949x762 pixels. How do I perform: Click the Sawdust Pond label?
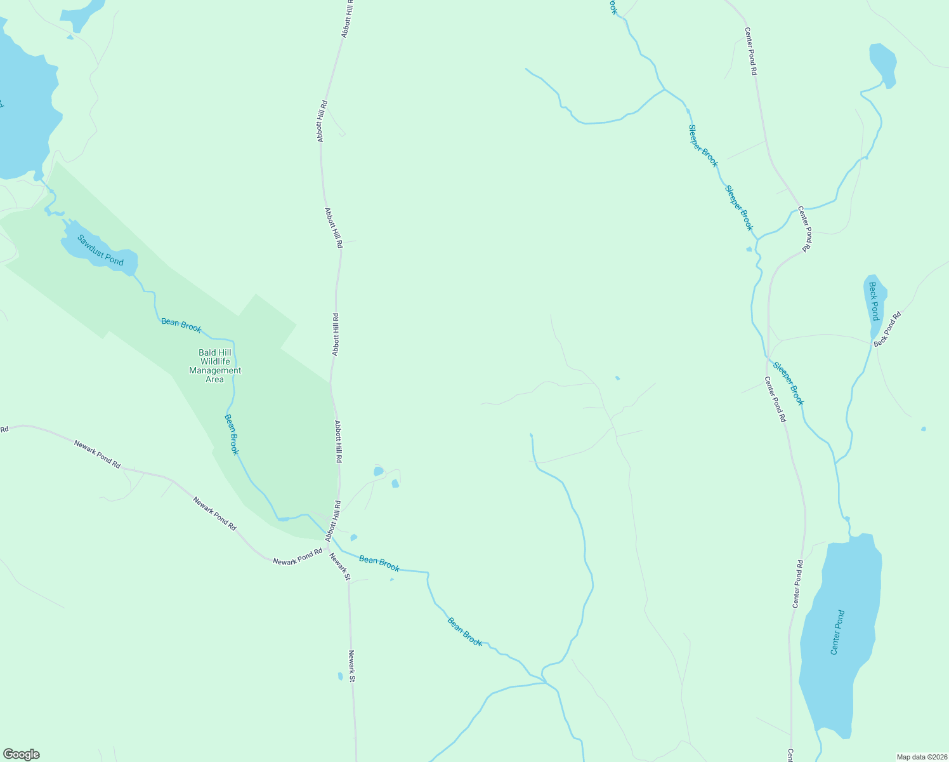100,250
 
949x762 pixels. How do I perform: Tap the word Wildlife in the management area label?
215,361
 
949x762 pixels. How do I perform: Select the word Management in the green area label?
215,370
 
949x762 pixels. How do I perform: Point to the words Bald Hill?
215,352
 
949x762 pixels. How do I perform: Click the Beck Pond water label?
874,301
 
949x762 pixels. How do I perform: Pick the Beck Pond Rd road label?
887,328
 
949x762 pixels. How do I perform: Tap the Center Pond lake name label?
837,632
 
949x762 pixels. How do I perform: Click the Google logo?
21,754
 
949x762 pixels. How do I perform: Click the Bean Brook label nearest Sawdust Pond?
181,325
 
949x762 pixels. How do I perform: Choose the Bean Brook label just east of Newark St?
379,563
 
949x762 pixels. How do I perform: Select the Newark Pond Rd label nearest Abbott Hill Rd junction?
298,557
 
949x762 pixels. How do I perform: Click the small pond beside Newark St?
341,676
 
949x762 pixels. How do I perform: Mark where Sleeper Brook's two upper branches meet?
664,89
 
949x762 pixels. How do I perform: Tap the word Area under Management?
214,379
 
